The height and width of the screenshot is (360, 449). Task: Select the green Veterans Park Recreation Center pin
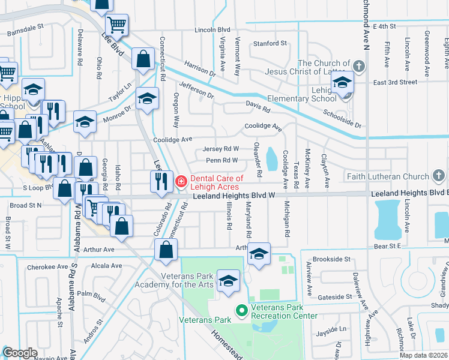point(242,310)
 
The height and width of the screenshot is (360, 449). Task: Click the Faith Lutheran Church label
point(387,176)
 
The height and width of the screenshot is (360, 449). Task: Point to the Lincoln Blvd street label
point(212,29)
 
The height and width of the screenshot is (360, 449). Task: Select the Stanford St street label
point(270,43)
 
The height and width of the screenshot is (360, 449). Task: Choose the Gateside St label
point(335,297)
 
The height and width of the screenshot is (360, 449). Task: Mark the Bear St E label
point(387,246)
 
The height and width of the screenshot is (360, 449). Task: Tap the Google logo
point(20,353)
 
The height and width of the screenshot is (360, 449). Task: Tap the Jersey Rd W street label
point(221,148)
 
